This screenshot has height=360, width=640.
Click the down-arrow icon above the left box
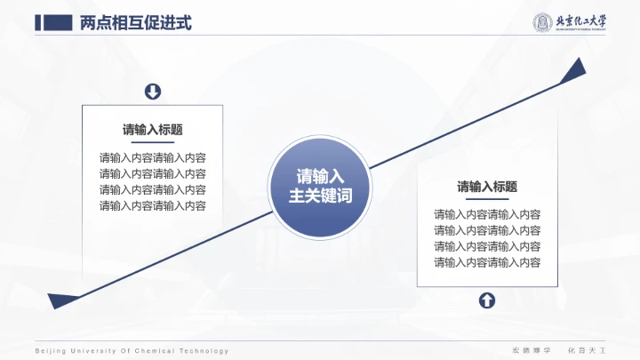click(153, 92)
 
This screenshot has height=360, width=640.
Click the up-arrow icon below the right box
click(487, 300)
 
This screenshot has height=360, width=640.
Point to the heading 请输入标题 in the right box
click(487, 187)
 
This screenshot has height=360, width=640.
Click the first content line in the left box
click(153, 158)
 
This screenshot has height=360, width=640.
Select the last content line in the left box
click(153, 206)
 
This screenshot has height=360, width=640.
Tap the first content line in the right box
click(487, 214)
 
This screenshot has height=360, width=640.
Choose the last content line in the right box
click(487, 262)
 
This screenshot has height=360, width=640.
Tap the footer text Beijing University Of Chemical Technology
click(132, 351)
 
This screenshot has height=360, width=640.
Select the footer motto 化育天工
click(587, 351)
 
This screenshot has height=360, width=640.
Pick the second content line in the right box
click(487, 230)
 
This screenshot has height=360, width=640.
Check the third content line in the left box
click(153, 190)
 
